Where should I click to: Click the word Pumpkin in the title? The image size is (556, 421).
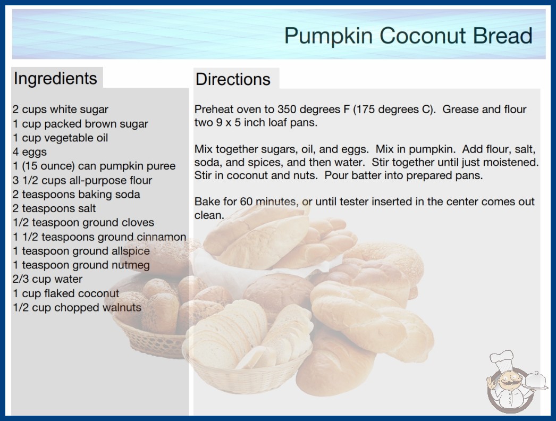tap(328, 36)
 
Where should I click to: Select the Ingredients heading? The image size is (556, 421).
tap(55, 78)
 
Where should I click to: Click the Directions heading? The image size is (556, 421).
tap(233, 79)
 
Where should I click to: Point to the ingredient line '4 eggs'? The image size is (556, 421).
tap(29, 152)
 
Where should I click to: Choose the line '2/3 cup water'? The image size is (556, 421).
tap(47, 279)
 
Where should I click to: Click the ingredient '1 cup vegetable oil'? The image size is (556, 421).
tap(60, 138)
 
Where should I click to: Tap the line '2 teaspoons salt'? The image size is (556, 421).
tap(54, 208)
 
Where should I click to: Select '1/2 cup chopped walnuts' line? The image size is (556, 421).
tap(77, 307)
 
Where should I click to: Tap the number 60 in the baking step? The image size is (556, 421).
tap(246, 201)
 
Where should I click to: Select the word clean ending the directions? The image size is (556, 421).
tap(209, 215)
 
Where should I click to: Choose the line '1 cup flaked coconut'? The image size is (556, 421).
tap(66, 293)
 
